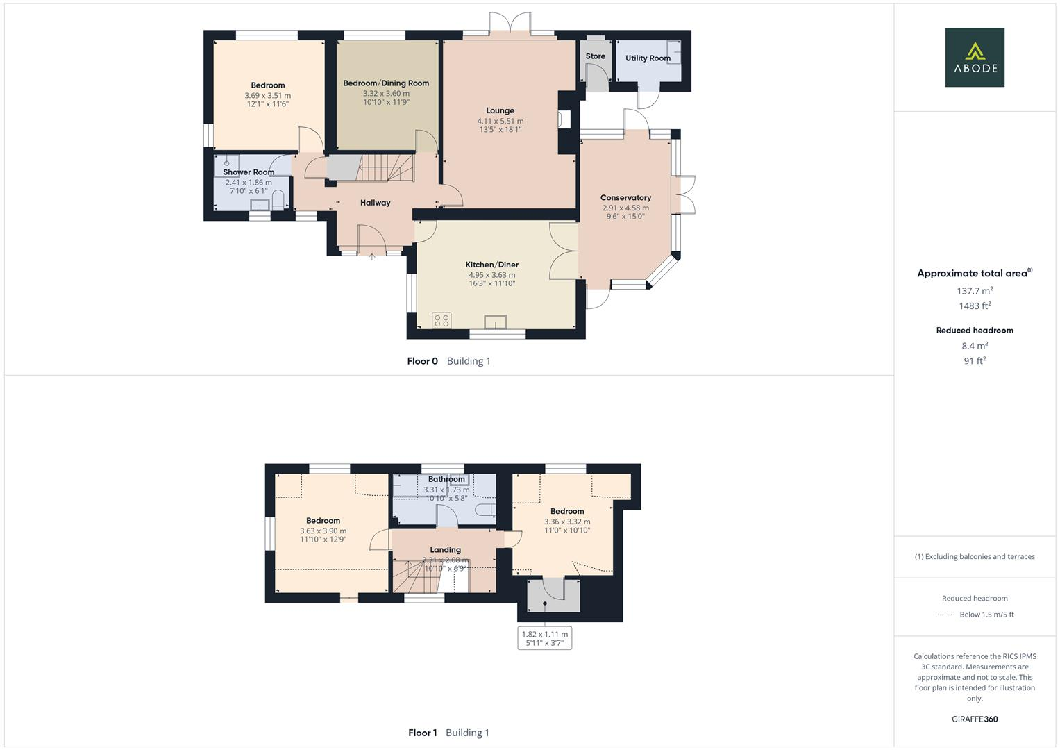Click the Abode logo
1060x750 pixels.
tap(975, 57)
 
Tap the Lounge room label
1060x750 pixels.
tap(500, 110)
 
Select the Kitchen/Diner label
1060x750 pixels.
tap(491, 265)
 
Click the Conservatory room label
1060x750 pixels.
tap(625, 198)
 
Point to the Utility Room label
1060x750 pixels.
tap(648, 58)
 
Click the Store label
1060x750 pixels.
tap(595, 56)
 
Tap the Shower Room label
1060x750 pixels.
tap(249, 172)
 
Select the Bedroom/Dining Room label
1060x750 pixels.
tap(386, 83)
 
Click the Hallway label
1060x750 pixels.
tap(375, 203)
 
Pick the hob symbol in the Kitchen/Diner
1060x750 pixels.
tap(441, 320)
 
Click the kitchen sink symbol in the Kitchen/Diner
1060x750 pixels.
tap(496, 322)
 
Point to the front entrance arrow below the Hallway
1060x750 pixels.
tap(371, 258)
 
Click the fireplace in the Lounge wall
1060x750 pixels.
tap(564, 119)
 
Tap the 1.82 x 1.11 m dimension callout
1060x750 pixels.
tap(545, 638)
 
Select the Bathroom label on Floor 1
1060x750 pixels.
tap(446, 479)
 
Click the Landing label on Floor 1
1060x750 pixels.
tap(445, 550)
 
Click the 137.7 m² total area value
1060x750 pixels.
tap(975, 291)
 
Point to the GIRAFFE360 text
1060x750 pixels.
tap(975, 719)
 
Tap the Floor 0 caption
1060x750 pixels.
tap(422, 361)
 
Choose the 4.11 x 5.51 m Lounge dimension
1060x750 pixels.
tap(500, 122)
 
